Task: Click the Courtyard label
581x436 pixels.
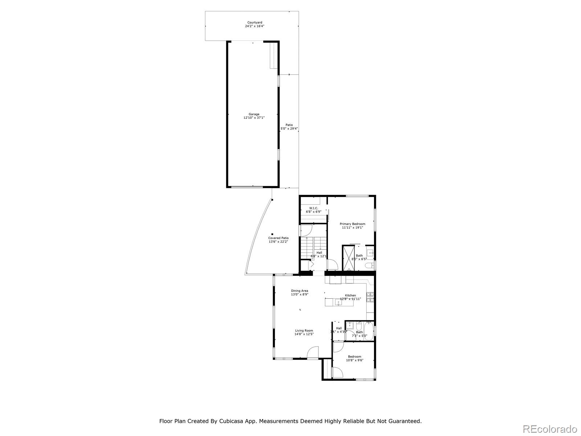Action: click(x=254, y=23)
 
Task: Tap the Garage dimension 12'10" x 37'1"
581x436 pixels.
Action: click(x=254, y=118)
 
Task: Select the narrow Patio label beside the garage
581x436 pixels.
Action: click(x=289, y=125)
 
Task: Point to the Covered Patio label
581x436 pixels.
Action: click(x=279, y=238)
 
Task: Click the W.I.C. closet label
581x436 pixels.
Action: click(x=314, y=208)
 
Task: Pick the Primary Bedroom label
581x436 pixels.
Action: click(x=352, y=224)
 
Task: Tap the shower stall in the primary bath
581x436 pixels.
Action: click(x=348, y=258)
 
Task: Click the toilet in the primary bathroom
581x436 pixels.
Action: click(x=369, y=266)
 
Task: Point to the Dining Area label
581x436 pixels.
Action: click(x=300, y=291)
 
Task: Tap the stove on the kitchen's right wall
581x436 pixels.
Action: click(x=370, y=298)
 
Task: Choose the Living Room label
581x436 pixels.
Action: click(x=304, y=331)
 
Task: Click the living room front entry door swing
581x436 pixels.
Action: click(x=313, y=353)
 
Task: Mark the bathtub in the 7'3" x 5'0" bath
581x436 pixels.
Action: click(x=368, y=331)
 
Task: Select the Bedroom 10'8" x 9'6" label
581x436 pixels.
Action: click(x=354, y=356)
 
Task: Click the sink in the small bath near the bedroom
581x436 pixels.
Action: click(x=350, y=325)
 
